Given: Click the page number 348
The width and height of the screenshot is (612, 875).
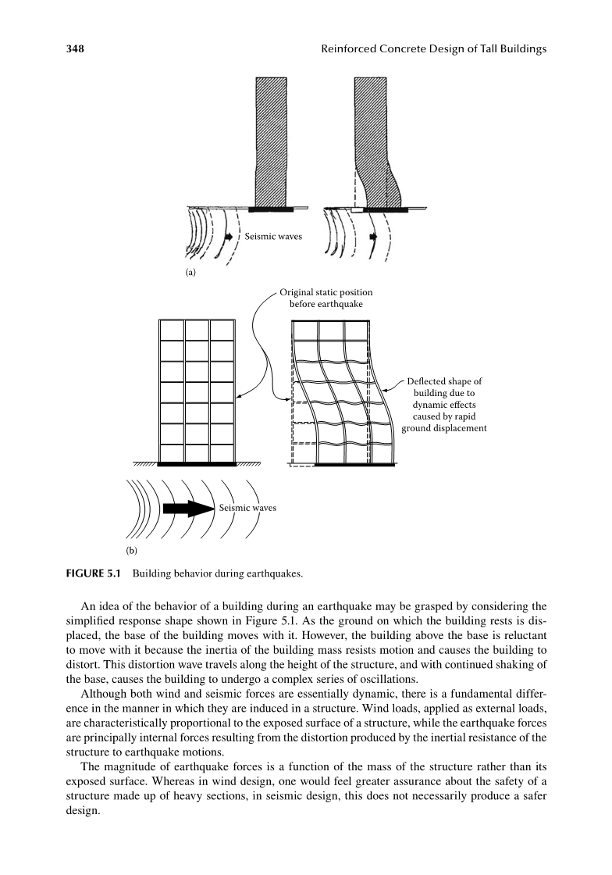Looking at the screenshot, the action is pos(75,48).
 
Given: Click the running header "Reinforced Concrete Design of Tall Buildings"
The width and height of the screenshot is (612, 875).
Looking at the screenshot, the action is pos(434,49).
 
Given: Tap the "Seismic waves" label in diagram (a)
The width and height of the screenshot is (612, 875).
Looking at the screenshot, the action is pos(273,236).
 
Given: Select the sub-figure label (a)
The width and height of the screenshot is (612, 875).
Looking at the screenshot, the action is pos(190,273).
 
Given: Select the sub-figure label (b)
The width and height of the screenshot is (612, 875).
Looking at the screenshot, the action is pos(131,551).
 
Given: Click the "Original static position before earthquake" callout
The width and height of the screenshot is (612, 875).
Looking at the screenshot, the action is pos(326,298).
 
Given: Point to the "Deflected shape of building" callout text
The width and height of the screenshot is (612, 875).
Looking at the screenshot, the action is pos(444,405).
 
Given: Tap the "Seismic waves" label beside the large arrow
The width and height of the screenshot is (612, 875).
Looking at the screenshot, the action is pos(247,508).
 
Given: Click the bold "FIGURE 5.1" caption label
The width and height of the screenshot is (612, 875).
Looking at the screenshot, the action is pos(93,573).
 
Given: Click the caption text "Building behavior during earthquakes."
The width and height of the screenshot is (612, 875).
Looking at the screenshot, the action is pos(217,573).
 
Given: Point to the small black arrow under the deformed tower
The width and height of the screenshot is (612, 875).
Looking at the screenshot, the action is pos(373,237).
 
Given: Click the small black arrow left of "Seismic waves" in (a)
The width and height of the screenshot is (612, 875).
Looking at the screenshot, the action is pos(229,237).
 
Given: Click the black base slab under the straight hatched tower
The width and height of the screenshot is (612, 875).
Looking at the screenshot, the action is pos(271,209).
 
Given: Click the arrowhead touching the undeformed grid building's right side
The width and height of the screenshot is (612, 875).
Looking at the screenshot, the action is pos(237,398).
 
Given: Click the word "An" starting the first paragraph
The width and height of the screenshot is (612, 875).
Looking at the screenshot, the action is pos(87,606).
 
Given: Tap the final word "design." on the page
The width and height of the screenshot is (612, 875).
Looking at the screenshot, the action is pos(83,811).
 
